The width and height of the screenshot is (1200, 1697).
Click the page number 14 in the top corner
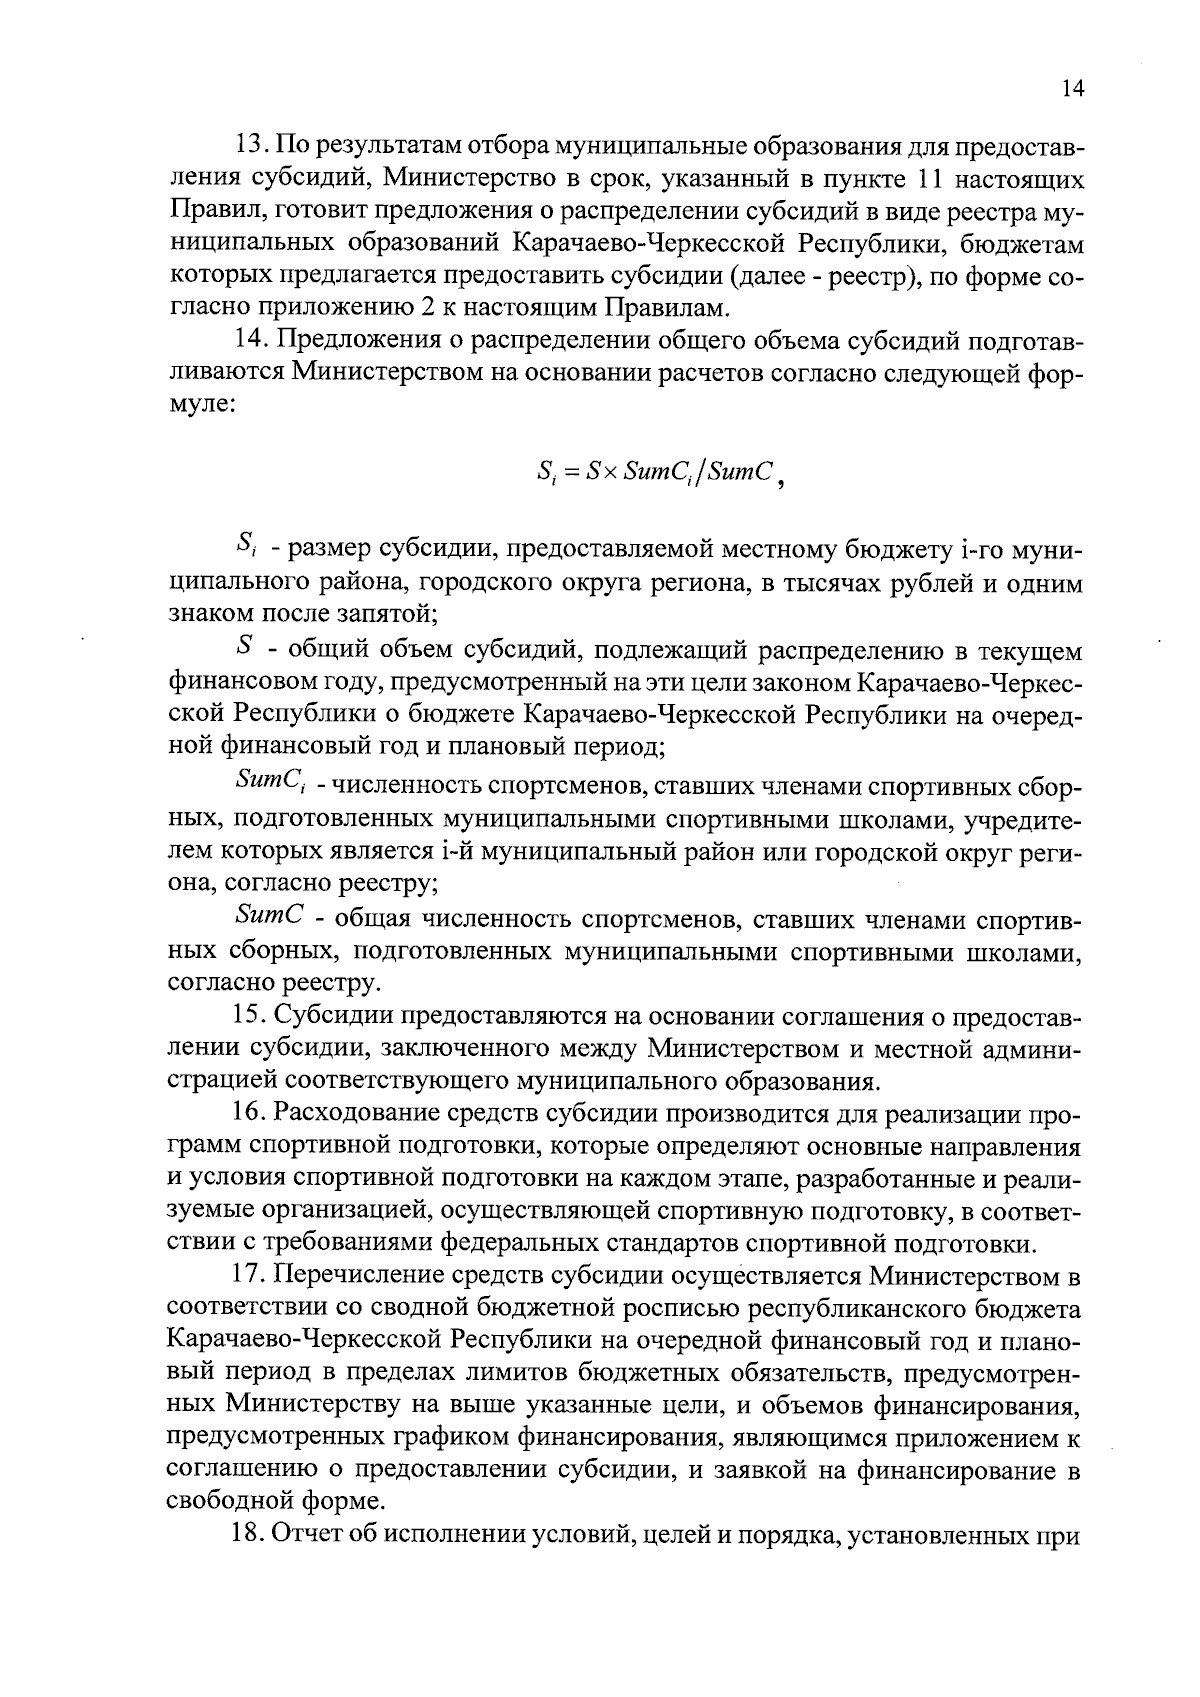(x=1071, y=89)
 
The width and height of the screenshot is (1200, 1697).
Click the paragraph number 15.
(x=250, y=1017)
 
